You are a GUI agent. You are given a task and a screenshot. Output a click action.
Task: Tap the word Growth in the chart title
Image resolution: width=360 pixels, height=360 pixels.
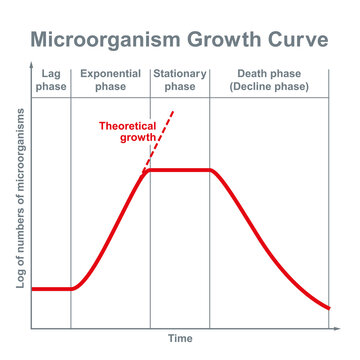tap(229, 41)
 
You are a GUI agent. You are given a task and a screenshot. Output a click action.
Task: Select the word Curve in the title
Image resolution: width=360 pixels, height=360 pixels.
tap(301, 41)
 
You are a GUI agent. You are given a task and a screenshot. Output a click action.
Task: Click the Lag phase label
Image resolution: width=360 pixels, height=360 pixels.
tap(51, 80)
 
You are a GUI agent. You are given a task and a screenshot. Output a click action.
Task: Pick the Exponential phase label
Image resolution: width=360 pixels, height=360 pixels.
tap(110, 80)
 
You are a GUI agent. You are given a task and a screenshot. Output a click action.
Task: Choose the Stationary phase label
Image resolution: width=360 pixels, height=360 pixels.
tap(180, 80)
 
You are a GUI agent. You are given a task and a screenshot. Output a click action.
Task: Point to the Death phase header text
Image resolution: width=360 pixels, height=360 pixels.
tap(269, 74)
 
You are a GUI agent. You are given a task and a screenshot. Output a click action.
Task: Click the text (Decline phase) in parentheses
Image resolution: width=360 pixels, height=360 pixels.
tap(269, 87)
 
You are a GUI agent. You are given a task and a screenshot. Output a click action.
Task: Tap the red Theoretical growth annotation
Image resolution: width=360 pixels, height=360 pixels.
tap(129, 132)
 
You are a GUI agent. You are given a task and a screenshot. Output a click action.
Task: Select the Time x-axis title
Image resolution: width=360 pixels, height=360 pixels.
tap(180, 339)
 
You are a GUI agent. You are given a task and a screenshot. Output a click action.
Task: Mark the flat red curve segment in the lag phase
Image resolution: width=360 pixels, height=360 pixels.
tap(50, 289)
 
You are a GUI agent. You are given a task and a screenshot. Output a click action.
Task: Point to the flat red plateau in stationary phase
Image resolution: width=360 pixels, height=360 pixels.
tap(180, 170)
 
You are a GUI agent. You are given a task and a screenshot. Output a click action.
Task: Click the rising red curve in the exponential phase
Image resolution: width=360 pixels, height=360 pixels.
tap(110, 229)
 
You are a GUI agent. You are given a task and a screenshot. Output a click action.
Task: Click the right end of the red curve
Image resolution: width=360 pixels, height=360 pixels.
tap(329, 307)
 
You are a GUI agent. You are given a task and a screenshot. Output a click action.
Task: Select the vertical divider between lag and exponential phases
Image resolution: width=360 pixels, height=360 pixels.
tap(71, 200)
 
